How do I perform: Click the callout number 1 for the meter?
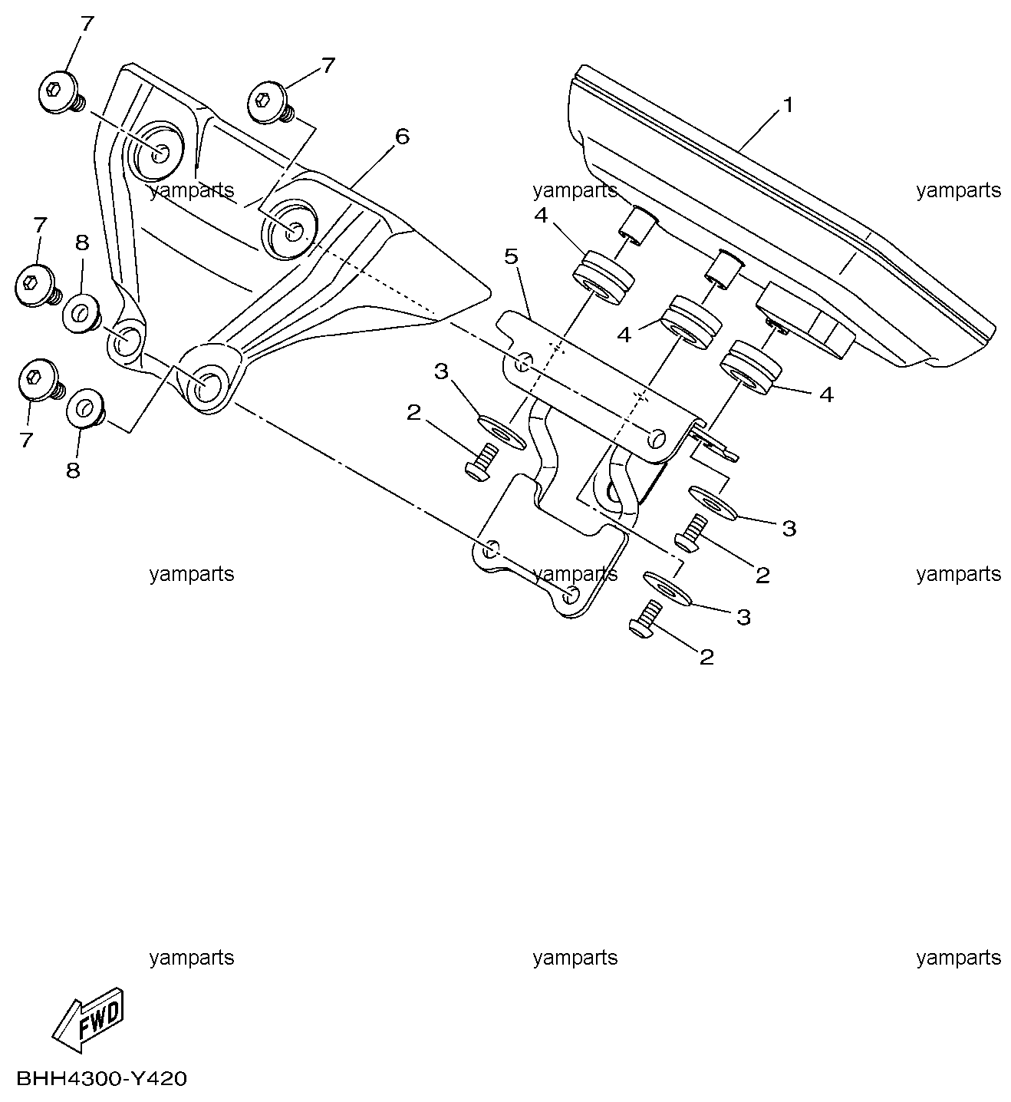pyautogui.click(x=788, y=105)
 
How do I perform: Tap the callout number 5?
pyautogui.click(x=512, y=256)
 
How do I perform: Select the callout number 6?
pyautogui.click(x=403, y=137)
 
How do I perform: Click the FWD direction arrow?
pyautogui.click(x=89, y=1020)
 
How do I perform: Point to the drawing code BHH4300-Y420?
pyautogui.click(x=102, y=1079)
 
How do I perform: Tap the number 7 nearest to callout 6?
pyautogui.click(x=328, y=65)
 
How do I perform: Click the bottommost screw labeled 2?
pyautogui.click(x=647, y=619)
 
